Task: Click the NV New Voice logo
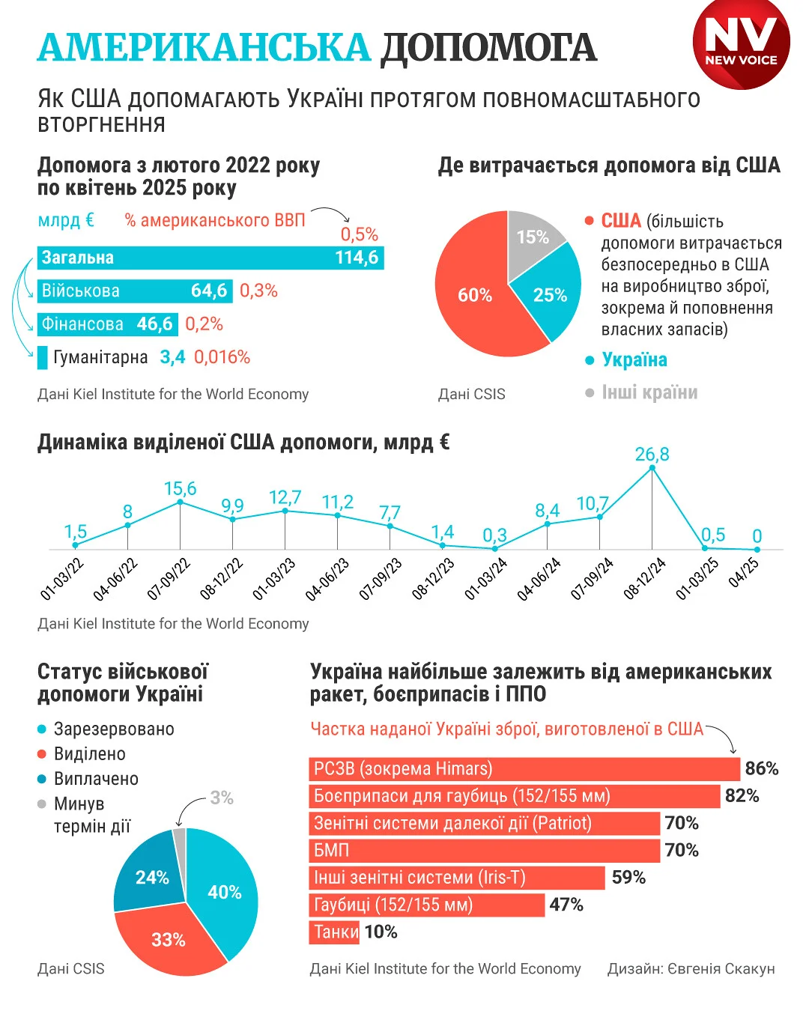pyautogui.click(x=741, y=43)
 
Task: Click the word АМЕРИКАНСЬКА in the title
pyautogui.click(x=204, y=48)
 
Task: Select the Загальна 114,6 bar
pyautogui.click(x=210, y=258)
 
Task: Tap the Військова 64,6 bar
pyautogui.click(x=135, y=291)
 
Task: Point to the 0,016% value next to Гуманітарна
pyautogui.click(x=222, y=357)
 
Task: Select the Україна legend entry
pyautogui.click(x=634, y=360)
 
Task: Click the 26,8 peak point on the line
pyautogui.click(x=652, y=468)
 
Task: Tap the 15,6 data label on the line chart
pyautogui.click(x=180, y=489)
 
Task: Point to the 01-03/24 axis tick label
pyautogui.click(x=485, y=580)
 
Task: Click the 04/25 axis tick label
pyautogui.click(x=744, y=573)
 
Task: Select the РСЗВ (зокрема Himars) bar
pyautogui.click(x=524, y=769)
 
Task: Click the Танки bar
pyautogui.click(x=334, y=932)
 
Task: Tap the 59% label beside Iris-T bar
pyautogui.click(x=628, y=878)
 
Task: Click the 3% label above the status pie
pyautogui.click(x=222, y=798)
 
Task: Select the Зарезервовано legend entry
pyautogui.click(x=113, y=729)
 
